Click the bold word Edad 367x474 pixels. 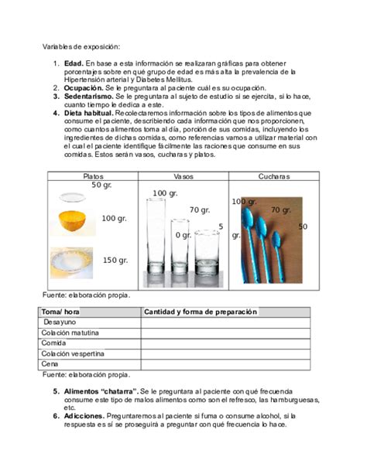tap(74, 63)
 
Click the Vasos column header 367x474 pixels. tap(183, 176)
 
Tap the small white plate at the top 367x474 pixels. tap(73, 196)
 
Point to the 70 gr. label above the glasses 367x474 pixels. tap(200, 210)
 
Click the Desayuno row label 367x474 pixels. tap(60, 322)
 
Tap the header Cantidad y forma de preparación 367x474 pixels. tap(200, 312)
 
